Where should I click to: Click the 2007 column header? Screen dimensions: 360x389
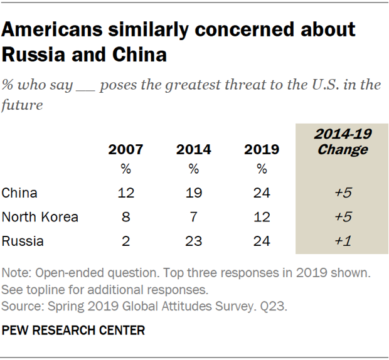click(125, 151)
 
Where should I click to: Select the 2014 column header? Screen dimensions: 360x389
click(194, 151)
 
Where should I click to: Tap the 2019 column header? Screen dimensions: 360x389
click(262, 151)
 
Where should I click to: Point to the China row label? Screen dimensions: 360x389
click(19, 193)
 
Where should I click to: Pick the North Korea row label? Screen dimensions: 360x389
click(40, 217)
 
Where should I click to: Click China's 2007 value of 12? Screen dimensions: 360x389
click(125, 193)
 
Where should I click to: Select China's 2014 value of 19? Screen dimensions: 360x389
click(194, 193)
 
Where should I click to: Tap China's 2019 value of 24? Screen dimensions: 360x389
click(262, 193)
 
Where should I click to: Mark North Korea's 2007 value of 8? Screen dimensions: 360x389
click(125, 217)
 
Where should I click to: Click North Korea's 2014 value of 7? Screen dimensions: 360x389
click(194, 217)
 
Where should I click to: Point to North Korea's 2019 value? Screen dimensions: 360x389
click(262, 217)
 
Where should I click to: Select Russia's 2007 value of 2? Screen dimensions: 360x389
click(125, 241)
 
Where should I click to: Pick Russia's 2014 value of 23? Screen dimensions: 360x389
click(194, 241)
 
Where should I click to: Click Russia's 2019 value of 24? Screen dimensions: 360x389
click(262, 241)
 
